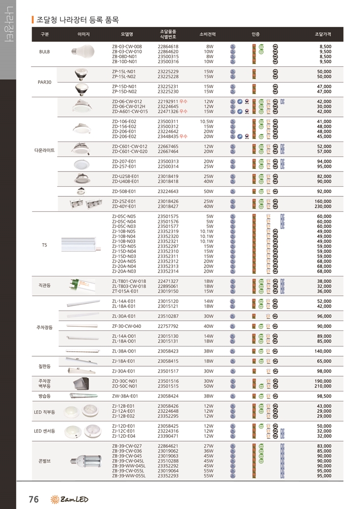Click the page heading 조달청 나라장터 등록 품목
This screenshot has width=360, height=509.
[x=77, y=20]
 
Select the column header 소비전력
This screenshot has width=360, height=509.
[x=207, y=35]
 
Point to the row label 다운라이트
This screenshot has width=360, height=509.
[x=44, y=151]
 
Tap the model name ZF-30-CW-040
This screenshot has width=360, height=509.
[x=126, y=326]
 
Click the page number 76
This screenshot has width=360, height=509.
[x=34, y=499]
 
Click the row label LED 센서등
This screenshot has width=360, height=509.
[x=44, y=431]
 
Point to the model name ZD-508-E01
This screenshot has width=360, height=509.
[x=124, y=191]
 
